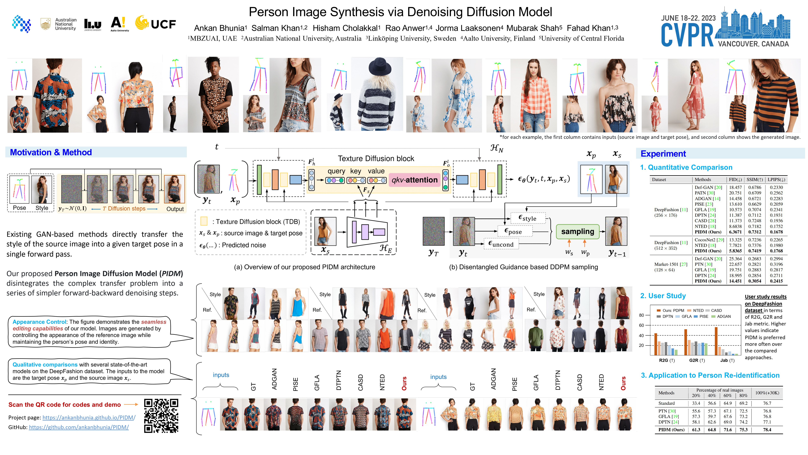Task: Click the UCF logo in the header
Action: (x=156, y=24)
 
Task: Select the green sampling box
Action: (x=577, y=232)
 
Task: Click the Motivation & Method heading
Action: (x=51, y=152)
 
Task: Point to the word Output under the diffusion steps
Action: (x=175, y=209)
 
